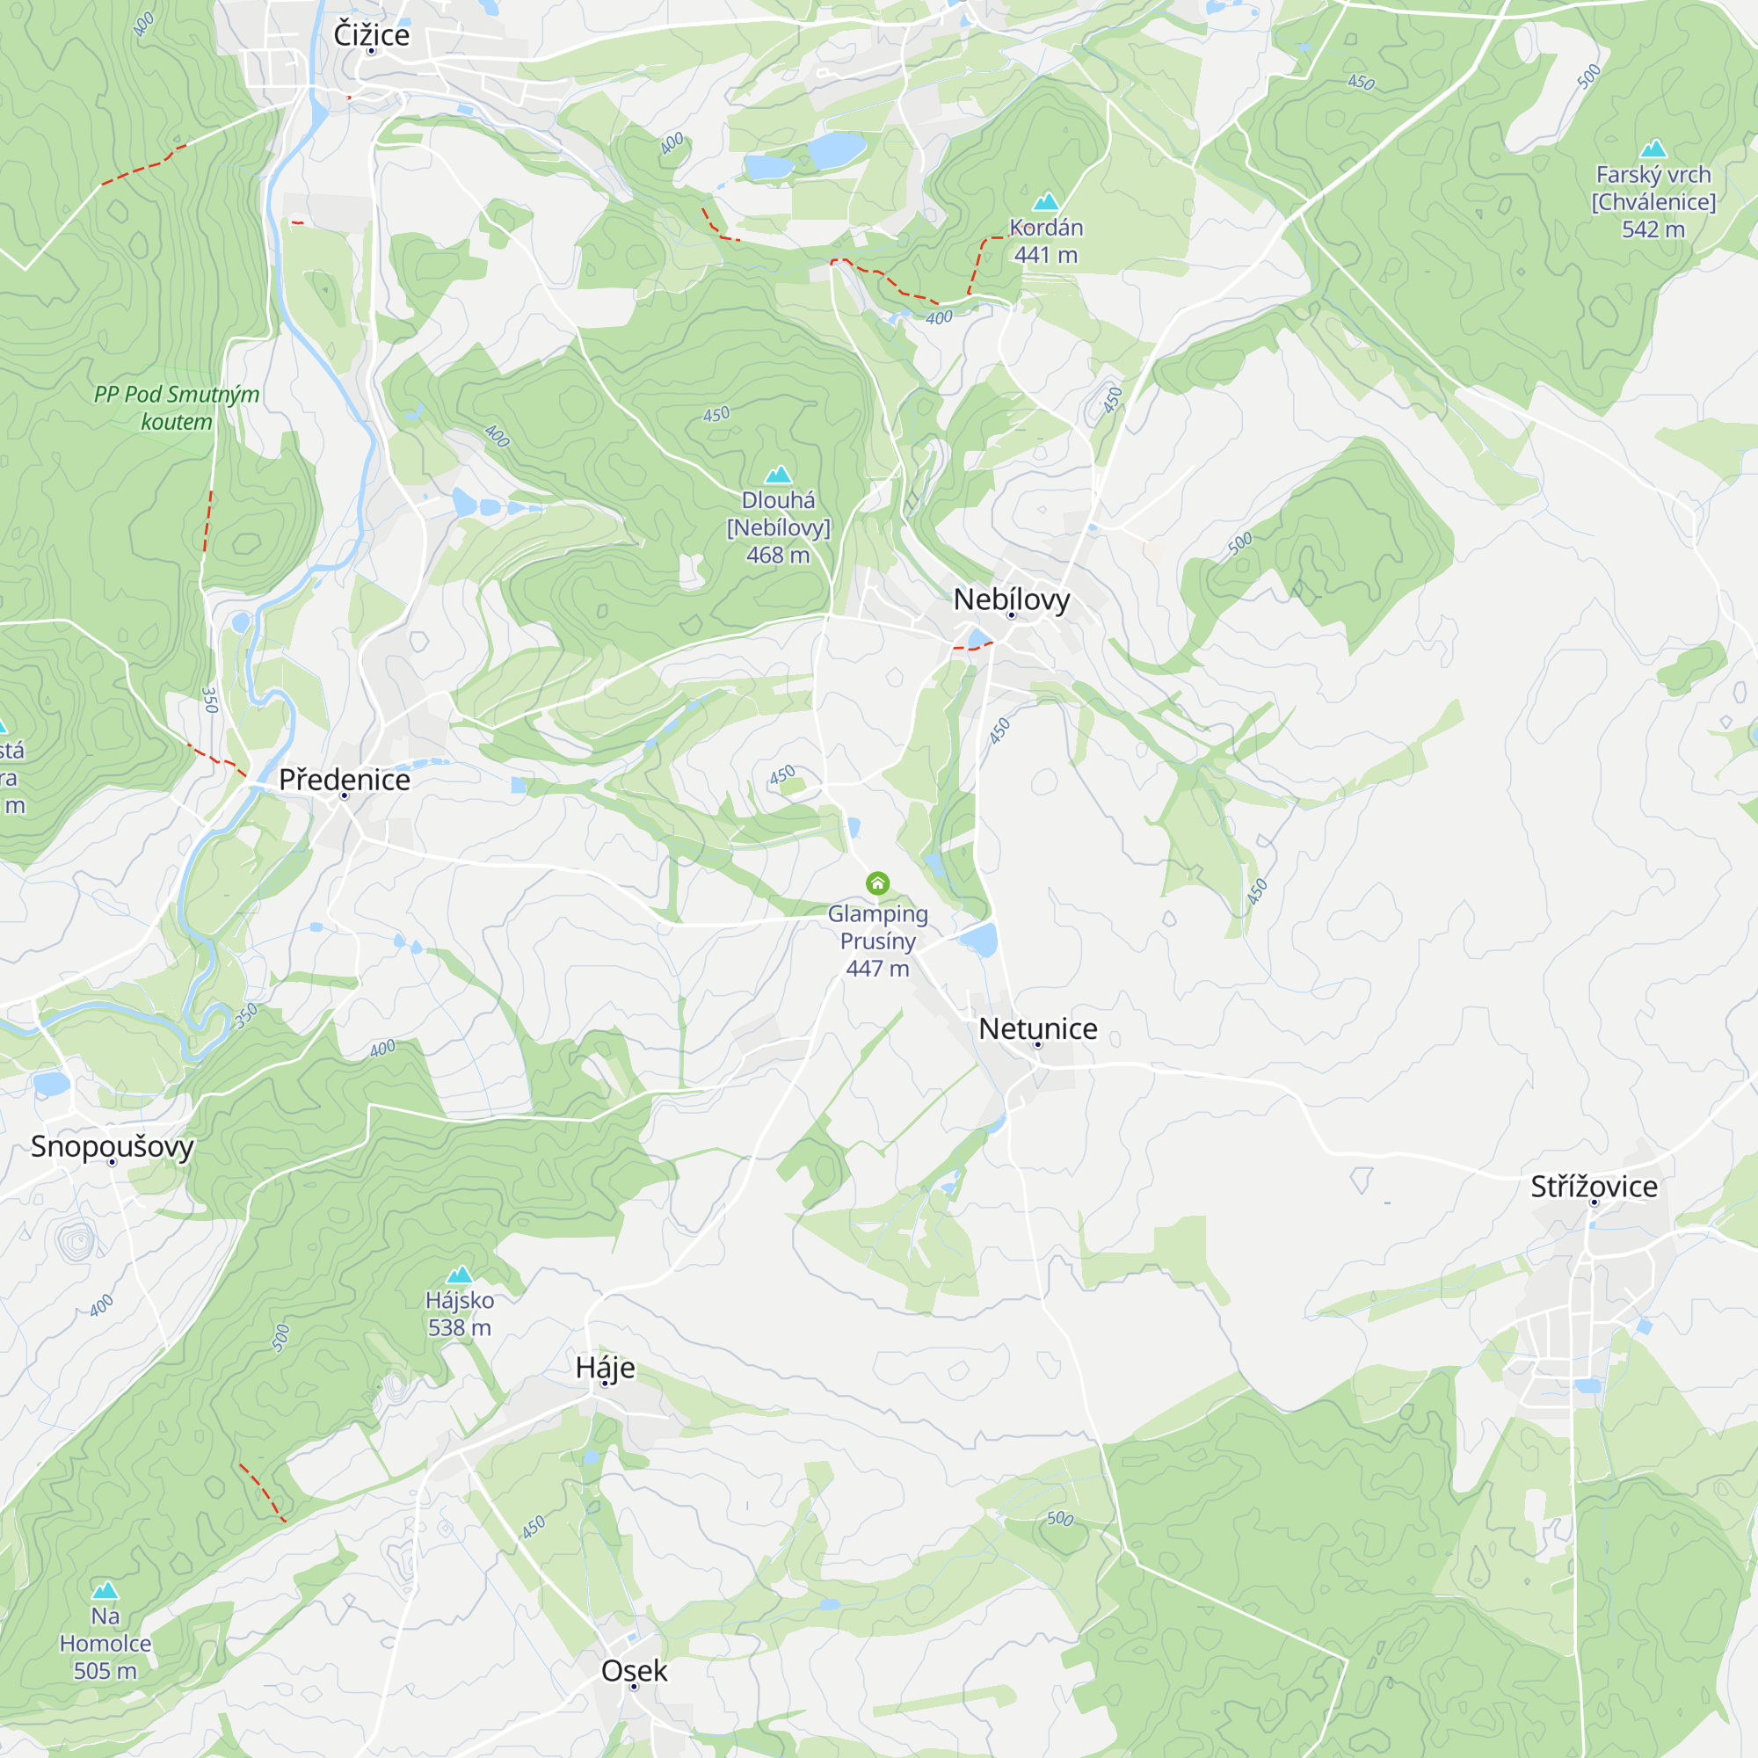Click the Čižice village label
point(371,34)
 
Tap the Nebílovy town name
point(1011,599)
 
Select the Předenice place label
point(344,780)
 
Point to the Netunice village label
point(1037,1028)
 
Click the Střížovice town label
point(1594,1187)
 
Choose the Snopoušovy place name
point(112,1145)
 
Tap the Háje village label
point(605,1368)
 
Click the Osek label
point(635,1671)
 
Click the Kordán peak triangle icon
point(1045,201)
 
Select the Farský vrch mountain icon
point(1653,149)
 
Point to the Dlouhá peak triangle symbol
point(777,474)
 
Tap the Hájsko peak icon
point(460,1274)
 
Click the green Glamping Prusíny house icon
point(877,883)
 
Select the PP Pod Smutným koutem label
point(177,408)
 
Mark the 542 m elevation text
point(1653,229)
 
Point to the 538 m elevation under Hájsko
point(460,1327)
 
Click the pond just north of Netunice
point(979,939)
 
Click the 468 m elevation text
point(777,555)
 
